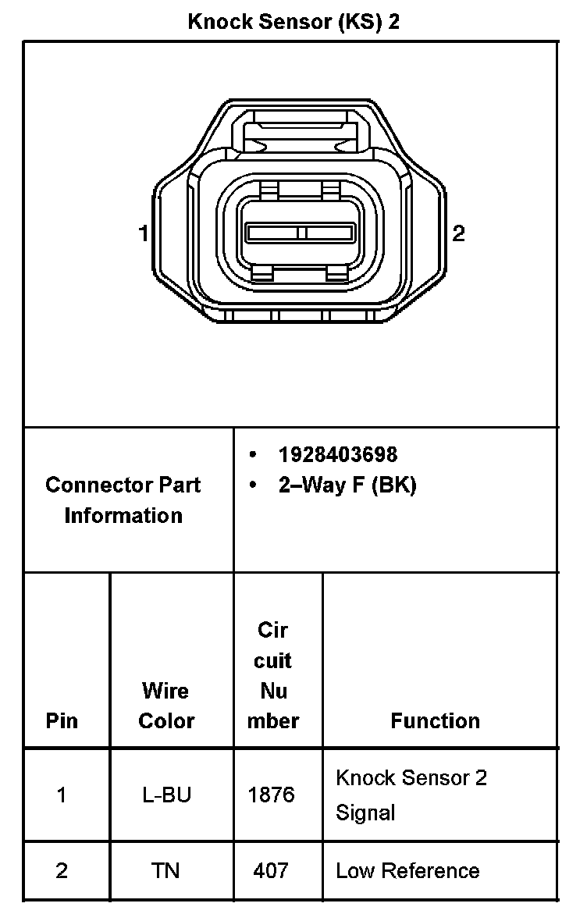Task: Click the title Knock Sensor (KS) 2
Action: tap(293, 21)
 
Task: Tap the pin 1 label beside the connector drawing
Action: tap(143, 233)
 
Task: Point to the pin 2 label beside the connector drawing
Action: tap(459, 233)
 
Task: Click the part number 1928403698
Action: tap(337, 454)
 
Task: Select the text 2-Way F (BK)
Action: tap(347, 485)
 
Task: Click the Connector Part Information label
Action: tap(123, 500)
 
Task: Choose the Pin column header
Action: tap(62, 720)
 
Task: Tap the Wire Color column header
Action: tap(165, 706)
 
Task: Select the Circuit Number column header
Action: tap(273, 675)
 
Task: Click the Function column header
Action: tap(436, 720)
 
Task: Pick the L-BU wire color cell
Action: tap(165, 795)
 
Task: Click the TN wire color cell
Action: tap(165, 870)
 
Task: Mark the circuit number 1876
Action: tap(272, 795)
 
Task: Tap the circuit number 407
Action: tap(272, 870)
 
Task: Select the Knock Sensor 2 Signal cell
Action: tap(411, 795)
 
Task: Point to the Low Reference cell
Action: tap(407, 870)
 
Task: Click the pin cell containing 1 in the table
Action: tap(62, 795)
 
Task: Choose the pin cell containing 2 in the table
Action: tap(62, 870)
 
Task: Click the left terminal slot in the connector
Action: tap(272, 233)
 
